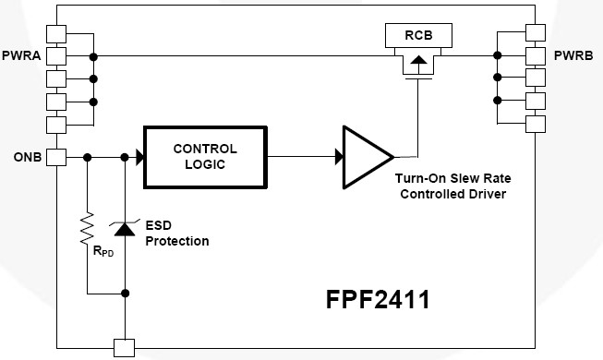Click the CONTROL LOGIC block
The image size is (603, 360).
204,156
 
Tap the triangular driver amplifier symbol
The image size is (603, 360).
366,156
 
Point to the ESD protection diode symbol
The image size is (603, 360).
125,230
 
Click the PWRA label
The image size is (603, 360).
21,56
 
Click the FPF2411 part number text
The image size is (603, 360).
377,301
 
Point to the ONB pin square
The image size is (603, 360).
56,157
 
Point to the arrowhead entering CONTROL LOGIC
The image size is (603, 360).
139,157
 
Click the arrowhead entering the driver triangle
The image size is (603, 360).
338,157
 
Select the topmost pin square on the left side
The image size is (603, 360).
56,34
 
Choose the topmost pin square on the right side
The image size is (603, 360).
536,34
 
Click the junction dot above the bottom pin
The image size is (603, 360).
125,295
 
